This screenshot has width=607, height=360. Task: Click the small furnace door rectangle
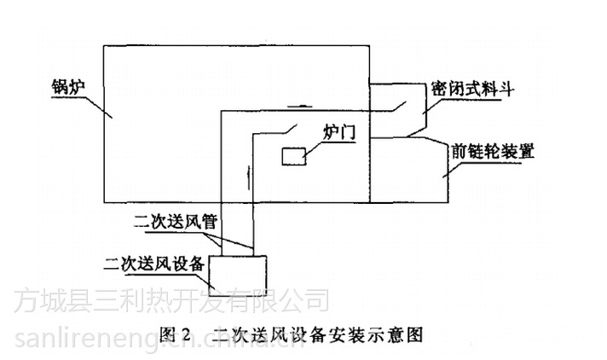(x=294, y=157)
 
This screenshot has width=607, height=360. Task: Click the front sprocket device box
(x=409, y=171)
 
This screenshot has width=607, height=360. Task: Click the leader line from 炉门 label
(x=315, y=145)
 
